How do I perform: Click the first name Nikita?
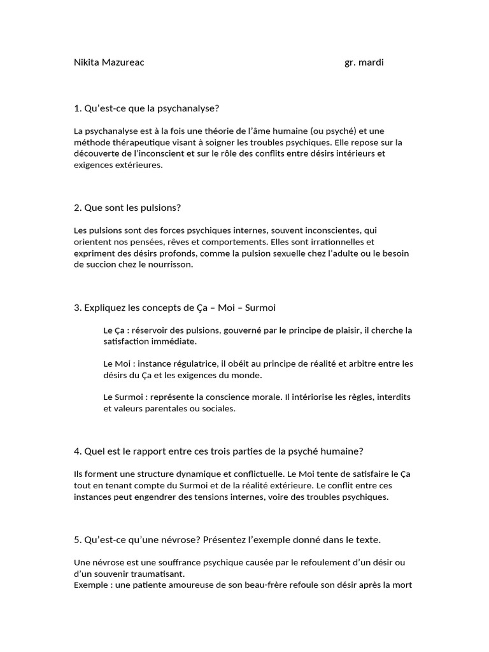pos(86,62)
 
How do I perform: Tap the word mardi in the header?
pos(372,62)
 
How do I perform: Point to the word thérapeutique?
pos(139,143)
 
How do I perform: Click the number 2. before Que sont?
pos(78,208)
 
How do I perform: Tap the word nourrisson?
pos(169,265)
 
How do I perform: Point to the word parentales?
pos(159,409)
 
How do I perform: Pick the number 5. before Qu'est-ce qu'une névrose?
pos(78,539)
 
